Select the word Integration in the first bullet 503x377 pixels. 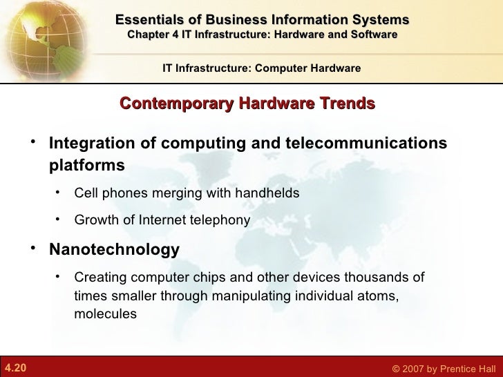(x=88, y=144)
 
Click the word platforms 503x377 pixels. (x=87, y=166)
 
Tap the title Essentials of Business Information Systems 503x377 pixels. (x=262, y=19)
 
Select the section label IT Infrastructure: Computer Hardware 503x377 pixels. (x=261, y=68)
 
